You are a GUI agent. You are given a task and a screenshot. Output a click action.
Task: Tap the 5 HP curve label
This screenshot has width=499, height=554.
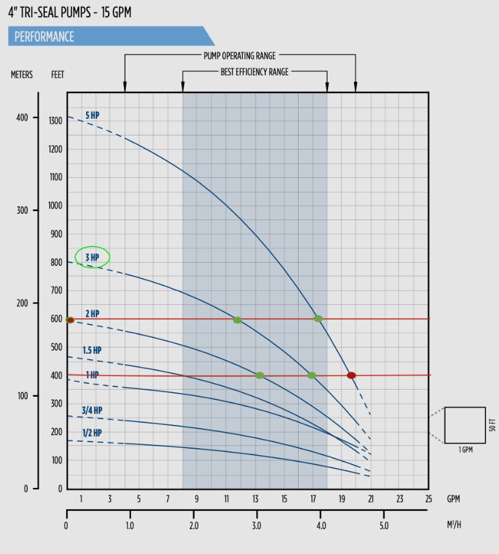[92, 116]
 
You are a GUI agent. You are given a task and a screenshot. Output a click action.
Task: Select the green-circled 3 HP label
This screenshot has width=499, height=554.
[92, 257]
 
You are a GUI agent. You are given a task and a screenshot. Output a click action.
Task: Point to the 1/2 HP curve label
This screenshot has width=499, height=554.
[92, 433]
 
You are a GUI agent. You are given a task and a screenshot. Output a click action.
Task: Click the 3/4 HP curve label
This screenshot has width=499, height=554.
[92, 410]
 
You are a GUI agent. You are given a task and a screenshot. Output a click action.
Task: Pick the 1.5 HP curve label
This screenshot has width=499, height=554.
[92, 351]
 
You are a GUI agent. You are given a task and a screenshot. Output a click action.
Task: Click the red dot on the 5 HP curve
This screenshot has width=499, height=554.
[351, 376]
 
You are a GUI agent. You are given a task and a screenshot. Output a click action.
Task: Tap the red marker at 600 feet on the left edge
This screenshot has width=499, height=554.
[70, 320]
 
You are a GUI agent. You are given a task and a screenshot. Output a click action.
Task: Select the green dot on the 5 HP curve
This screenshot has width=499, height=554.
[318, 318]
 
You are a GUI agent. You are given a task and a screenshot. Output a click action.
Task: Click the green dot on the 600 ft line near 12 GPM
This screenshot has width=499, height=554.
[238, 320]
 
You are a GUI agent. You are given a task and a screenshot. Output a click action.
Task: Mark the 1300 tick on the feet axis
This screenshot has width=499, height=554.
[56, 121]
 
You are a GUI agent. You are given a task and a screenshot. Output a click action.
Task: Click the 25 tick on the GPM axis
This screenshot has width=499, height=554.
[428, 499]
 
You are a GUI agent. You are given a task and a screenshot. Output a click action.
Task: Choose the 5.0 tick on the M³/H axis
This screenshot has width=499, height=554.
[383, 526]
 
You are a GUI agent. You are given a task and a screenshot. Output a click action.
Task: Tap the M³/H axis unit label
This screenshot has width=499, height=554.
[453, 526]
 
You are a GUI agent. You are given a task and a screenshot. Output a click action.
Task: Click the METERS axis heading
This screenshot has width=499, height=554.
[21, 75]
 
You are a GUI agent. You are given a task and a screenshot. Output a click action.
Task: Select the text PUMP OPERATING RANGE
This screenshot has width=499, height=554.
[240, 56]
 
